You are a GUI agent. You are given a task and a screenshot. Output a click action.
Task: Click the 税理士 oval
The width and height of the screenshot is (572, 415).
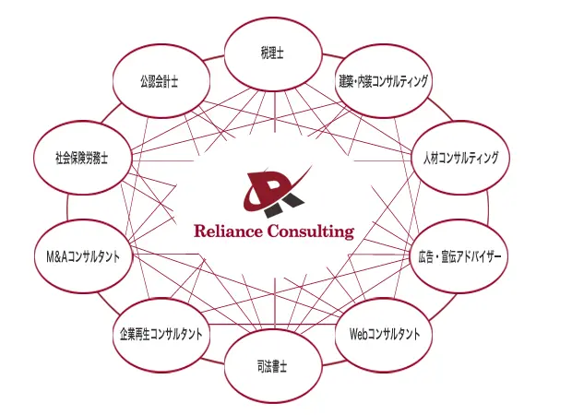(x=273, y=54)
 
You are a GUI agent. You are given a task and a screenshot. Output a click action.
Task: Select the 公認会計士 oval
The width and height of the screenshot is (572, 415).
(x=161, y=81)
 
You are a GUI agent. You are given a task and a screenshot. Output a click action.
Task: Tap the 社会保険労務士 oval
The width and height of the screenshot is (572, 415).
(x=82, y=158)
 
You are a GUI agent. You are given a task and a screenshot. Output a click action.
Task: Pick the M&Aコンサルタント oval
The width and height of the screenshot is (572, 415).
(x=83, y=256)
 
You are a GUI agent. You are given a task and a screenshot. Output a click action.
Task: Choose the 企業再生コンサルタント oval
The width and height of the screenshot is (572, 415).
(x=161, y=335)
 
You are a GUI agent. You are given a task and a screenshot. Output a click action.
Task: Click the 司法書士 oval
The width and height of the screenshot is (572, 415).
(x=273, y=366)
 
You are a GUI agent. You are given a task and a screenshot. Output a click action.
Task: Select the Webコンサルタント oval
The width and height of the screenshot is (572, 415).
(x=384, y=335)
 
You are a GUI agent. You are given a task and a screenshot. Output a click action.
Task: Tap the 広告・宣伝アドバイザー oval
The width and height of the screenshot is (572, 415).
(x=460, y=256)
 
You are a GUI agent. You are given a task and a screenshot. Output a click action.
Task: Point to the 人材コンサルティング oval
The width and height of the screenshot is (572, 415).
(x=460, y=158)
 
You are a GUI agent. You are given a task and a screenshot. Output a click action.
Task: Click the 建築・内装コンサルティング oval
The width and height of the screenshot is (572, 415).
(x=384, y=81)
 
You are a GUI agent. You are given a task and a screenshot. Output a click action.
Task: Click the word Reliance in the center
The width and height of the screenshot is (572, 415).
(x=228, y=231)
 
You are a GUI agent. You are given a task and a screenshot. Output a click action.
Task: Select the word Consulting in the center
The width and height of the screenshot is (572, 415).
(x=311, y=231)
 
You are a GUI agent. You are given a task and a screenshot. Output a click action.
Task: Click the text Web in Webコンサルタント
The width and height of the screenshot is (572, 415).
(x=359, y=334)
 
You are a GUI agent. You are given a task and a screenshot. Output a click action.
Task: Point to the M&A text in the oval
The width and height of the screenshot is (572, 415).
(x=56, y=256)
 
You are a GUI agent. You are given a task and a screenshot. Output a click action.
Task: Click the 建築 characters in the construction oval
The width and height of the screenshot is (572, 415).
(x=346, y=81)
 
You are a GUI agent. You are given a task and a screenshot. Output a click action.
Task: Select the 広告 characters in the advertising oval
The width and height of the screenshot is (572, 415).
(x=425, y=256)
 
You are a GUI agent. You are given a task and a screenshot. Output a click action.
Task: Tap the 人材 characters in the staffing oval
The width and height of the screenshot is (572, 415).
(x=431, y=159)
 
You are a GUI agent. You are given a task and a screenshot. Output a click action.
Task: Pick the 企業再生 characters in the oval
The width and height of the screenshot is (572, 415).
(x=135, y=335)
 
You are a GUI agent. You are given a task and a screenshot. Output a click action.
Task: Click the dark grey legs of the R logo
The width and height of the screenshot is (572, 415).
(x=284, y=206)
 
